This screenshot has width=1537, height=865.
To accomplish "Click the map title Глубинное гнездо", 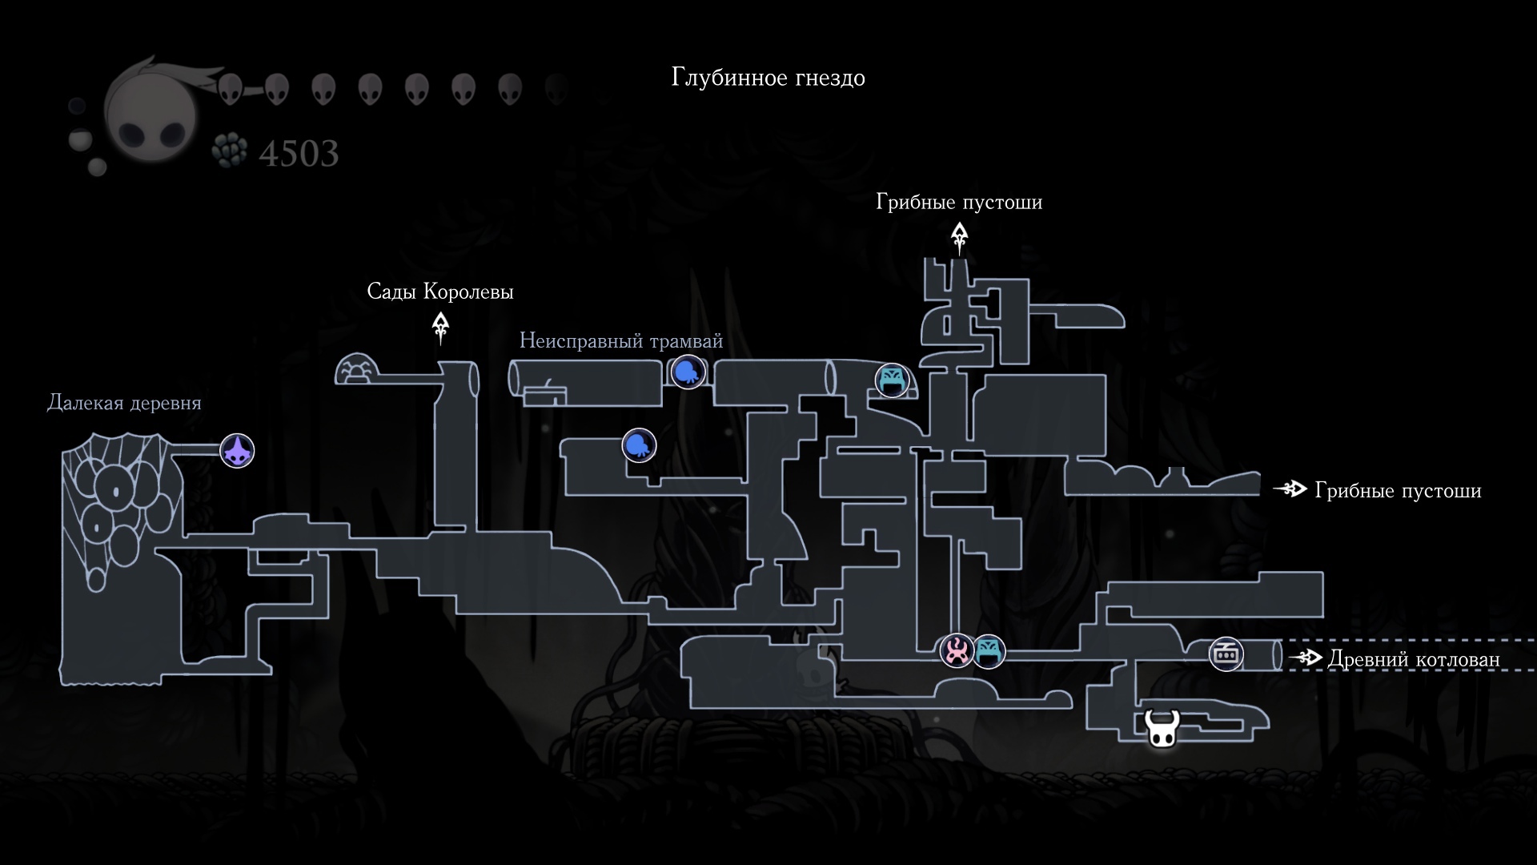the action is (768, 78).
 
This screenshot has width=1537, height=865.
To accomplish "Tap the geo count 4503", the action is (299, 153).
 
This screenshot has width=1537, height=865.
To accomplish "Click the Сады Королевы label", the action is (440, 292).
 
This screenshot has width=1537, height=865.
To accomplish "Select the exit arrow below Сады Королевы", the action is (440, 328).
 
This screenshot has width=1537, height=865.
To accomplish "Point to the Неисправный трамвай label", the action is (621, 341).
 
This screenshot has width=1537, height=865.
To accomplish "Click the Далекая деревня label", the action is (124, 403).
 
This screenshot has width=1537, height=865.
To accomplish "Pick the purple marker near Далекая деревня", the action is (237, 450).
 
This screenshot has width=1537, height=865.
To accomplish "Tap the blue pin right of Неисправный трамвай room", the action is (688, 372).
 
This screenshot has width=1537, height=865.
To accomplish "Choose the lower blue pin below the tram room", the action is (639, 445).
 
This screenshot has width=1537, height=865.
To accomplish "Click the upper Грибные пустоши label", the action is (959, 202).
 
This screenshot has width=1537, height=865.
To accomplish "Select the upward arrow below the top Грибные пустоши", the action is (959, 239).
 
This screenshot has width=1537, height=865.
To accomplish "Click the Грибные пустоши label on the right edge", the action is (1398, 490).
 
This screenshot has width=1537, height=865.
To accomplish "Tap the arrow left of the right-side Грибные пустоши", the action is (1290, 489).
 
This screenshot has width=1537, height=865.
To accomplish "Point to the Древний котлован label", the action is (1414, 659).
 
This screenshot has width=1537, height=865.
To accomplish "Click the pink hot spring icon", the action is (957, 650).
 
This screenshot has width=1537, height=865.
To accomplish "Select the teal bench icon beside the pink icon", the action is (989, 651).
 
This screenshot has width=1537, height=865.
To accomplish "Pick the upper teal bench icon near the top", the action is (892, 379).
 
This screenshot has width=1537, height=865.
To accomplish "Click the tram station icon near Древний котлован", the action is (1226, 654).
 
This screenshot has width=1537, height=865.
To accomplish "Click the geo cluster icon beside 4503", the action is (231, 150).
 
